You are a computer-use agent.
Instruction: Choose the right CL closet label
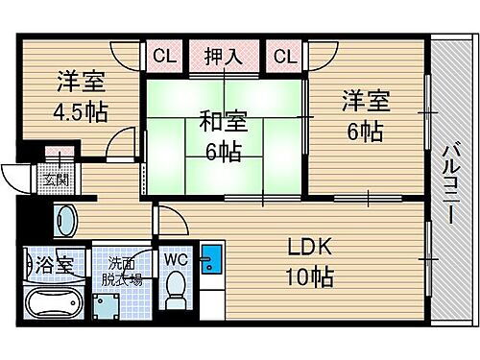tap(284, 57)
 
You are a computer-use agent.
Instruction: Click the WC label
tap(175, 258)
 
